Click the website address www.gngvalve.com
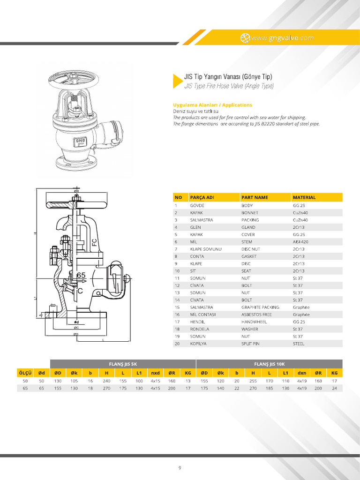283,38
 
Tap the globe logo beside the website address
245,38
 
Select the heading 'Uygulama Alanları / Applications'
212,105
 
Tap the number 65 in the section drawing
81,276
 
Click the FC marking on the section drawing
94,242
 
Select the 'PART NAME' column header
255,197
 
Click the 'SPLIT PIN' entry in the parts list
252,344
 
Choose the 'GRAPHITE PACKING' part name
260,307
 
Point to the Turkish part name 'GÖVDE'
197,205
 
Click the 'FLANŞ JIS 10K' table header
269,364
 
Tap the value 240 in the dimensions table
106,381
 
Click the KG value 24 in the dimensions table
334,388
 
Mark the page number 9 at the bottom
180,468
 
